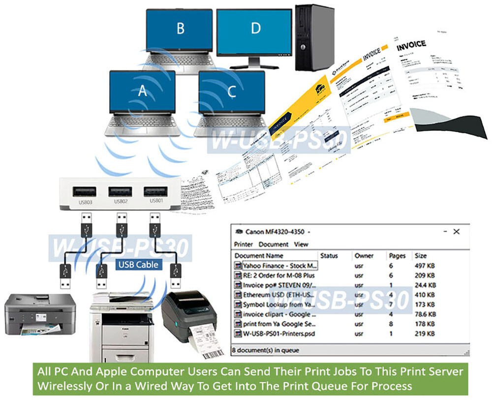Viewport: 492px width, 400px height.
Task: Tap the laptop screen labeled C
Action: point(232,92)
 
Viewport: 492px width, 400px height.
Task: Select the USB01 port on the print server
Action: point(153,192)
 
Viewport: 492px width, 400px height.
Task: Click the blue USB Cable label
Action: point(138,264)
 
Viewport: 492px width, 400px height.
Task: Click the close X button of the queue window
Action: point(456,231)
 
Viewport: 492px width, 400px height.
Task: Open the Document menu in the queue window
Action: point(273,244)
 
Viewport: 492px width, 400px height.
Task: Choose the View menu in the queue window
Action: point(301,244)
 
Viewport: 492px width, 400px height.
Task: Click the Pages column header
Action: point(397,256)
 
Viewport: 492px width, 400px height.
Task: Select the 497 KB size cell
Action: point(425,266)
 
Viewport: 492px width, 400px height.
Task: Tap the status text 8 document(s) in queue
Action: point(265,350)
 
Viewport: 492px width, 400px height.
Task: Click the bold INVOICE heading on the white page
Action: point(411,44)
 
